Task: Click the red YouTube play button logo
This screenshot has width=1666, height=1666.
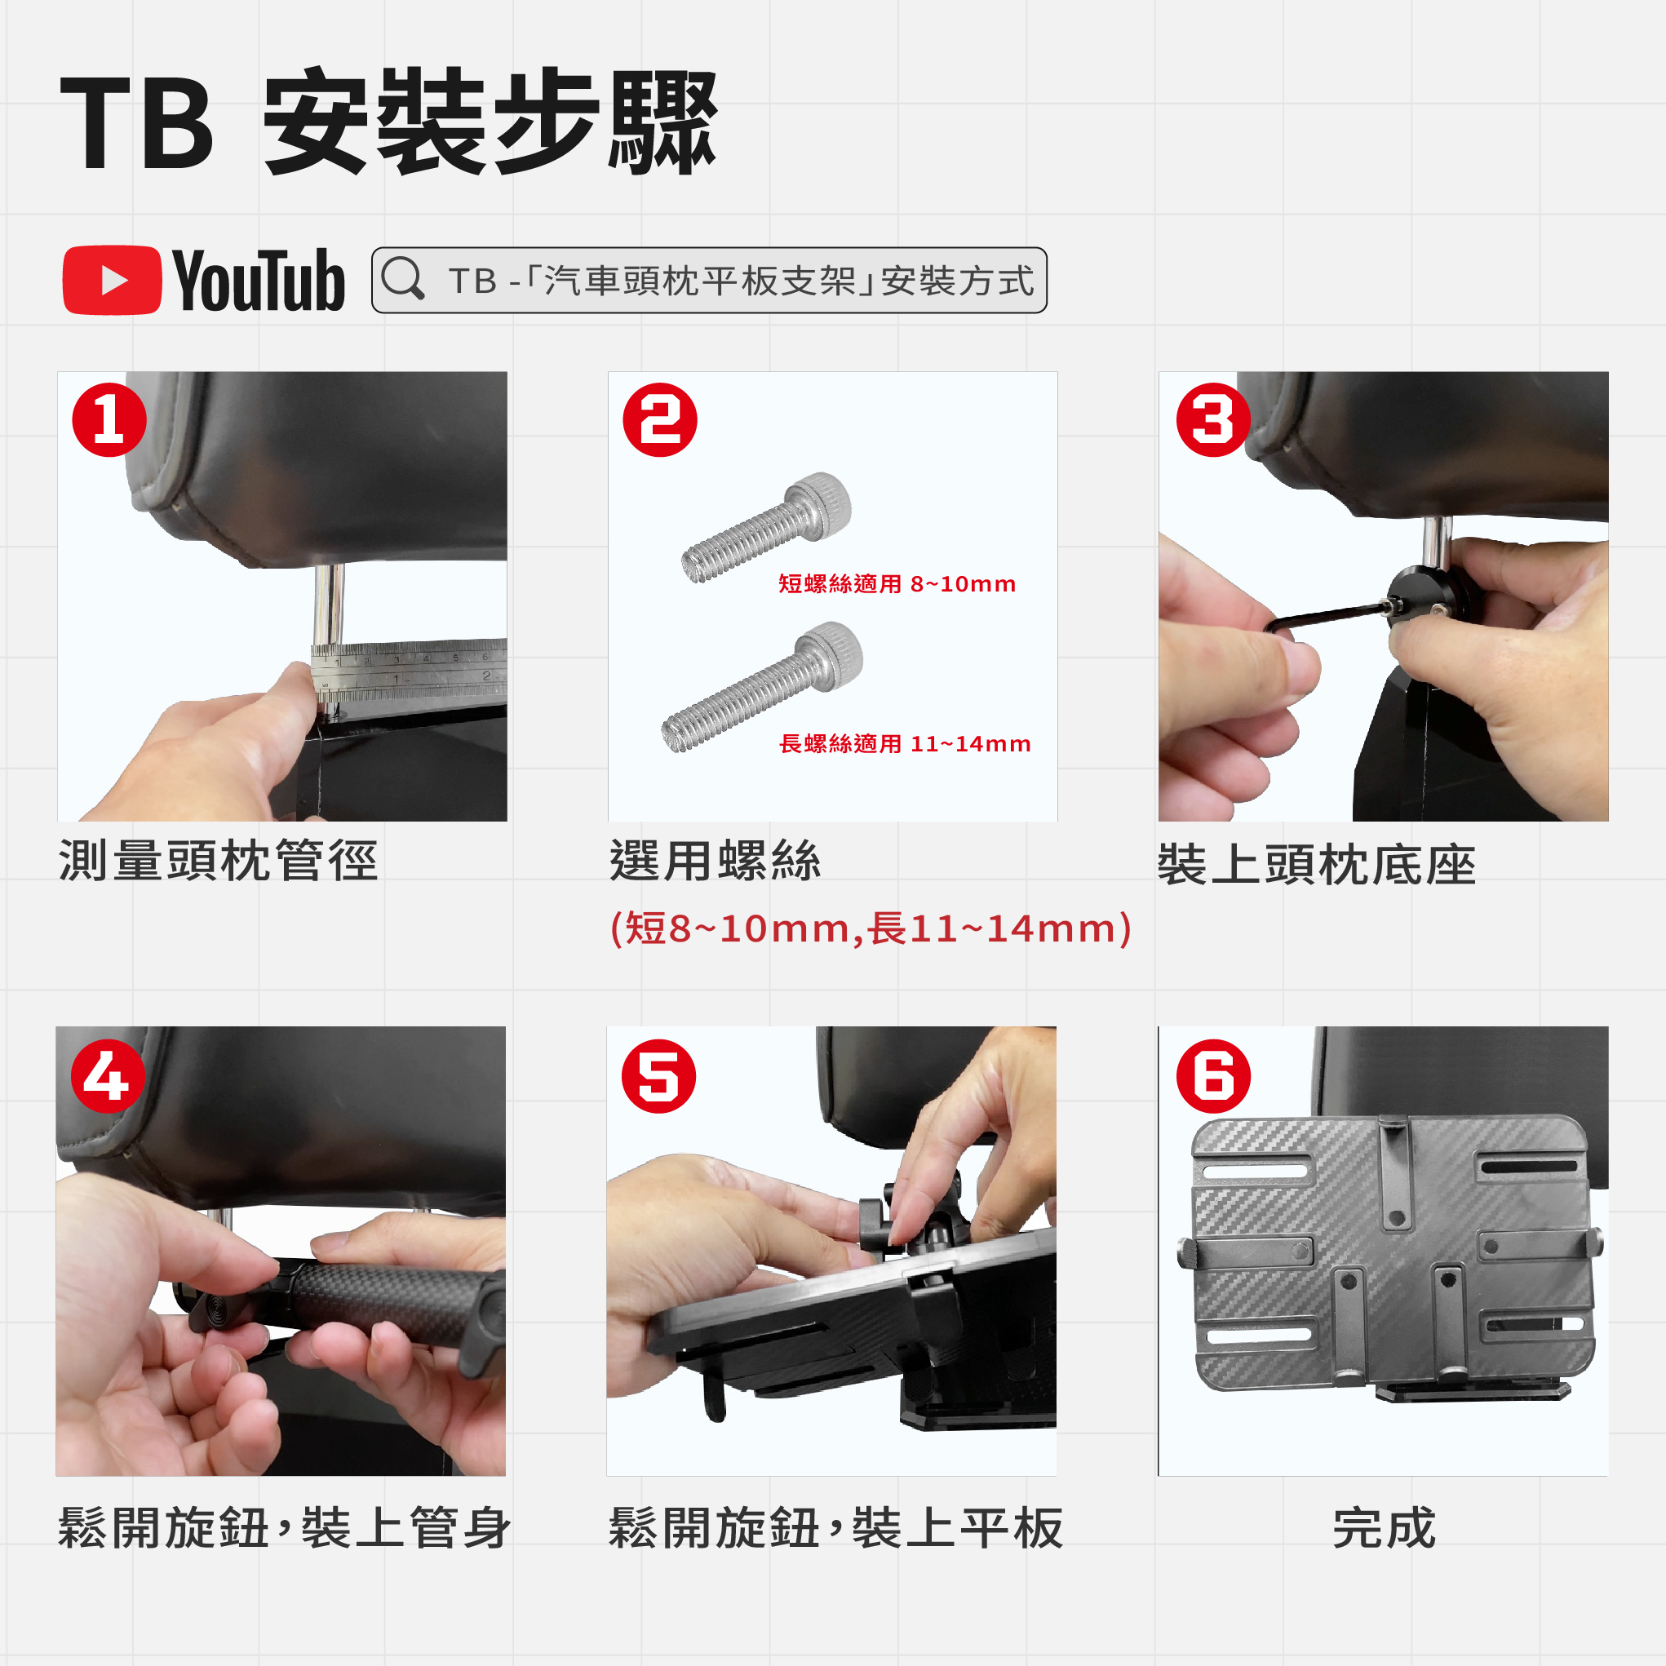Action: coord(112,281)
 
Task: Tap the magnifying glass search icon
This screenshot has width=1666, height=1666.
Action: coord(403,278)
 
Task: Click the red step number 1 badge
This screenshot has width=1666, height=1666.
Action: coord(109,420)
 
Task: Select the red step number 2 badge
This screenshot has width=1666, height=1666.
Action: coord(660,420)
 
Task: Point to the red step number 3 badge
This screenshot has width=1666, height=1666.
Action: coord(1213,420)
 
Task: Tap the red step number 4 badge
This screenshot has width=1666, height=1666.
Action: coord(107,1076)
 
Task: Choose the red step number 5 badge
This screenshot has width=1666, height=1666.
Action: coord(658,1076)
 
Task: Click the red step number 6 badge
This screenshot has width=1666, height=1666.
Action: coord(1213,1076)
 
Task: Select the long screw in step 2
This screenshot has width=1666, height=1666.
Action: coord(762,686)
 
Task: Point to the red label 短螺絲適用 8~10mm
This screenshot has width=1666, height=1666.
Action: coord(897,584)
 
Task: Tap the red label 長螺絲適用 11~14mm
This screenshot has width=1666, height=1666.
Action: coord(905,743)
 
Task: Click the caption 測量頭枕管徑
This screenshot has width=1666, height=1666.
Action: coord(218,861)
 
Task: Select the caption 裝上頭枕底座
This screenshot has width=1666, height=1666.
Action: coord(1317,865)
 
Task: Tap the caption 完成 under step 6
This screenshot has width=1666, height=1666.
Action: coord(1384,1529)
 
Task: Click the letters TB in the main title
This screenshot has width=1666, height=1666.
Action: coord(136,122)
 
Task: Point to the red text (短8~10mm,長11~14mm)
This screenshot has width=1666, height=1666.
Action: coord(870,928)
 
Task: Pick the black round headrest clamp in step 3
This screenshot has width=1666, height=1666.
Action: coord(1423,601)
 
